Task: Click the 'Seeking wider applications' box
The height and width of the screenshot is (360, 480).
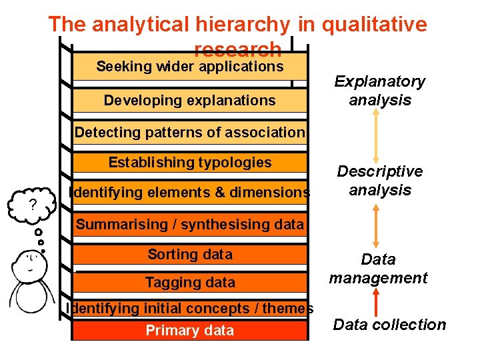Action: [190, 67]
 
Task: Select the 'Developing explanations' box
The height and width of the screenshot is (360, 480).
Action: [190, 101]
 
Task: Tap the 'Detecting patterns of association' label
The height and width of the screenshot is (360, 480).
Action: [190, 132]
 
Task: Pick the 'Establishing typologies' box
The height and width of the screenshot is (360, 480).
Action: [190, 163]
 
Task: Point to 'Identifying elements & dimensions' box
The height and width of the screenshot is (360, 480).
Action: [190, 193]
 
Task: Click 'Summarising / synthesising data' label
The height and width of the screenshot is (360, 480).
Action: [190, 225]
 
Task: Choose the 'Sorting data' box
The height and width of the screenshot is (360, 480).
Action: [190, 255]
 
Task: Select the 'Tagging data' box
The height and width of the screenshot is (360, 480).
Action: [190, 283]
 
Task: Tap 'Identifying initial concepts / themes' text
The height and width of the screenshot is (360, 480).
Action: [190, 308]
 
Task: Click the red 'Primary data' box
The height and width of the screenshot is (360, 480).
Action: [190, 331]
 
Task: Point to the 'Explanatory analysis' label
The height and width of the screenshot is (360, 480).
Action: [379, 91]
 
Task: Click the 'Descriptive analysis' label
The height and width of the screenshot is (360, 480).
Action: [379, 181]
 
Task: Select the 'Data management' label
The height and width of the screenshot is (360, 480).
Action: [378, 269]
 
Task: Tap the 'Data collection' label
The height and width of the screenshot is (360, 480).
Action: [389, 325]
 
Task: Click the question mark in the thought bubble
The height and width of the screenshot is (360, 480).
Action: [32, 205]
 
